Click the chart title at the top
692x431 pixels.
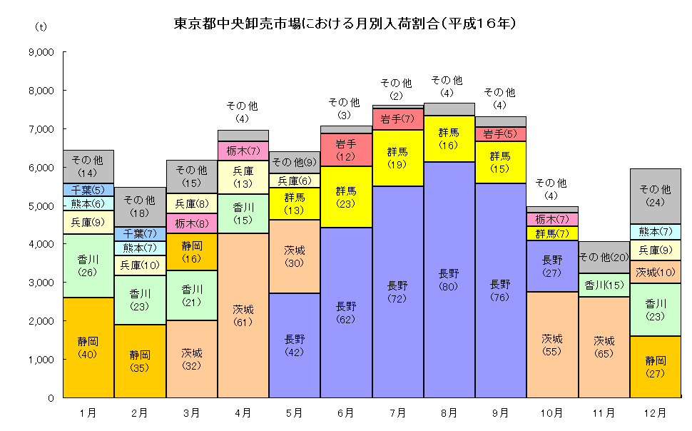[x=345, y=23]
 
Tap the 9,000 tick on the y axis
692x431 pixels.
[x=42, y=52]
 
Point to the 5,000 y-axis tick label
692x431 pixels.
[x=42, y=206]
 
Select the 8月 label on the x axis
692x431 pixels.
[x=449, y=412]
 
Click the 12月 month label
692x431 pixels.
[x=655, y=412]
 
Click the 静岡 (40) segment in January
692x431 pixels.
[x=88, y=348]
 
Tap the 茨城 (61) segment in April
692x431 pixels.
[x=243, y=315]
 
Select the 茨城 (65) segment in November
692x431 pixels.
[x=604, y=347]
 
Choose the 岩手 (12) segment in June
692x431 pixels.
[x=346, y=150]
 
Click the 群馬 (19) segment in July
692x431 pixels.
[x=397, y=158]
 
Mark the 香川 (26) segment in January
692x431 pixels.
[x=88, y=265]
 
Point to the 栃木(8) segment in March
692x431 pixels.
[x=191, y=223]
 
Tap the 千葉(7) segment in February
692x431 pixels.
[x=140, y=233]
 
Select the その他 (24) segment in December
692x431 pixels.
[x=655, y=196]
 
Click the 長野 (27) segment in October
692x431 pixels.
[x=552, y=266]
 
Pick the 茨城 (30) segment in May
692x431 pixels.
[x=294, y=256]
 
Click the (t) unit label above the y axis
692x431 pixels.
[x=41, y=26]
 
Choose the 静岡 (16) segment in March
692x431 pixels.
[x=191, y=251]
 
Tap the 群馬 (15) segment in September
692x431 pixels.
[x=500, y=162]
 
